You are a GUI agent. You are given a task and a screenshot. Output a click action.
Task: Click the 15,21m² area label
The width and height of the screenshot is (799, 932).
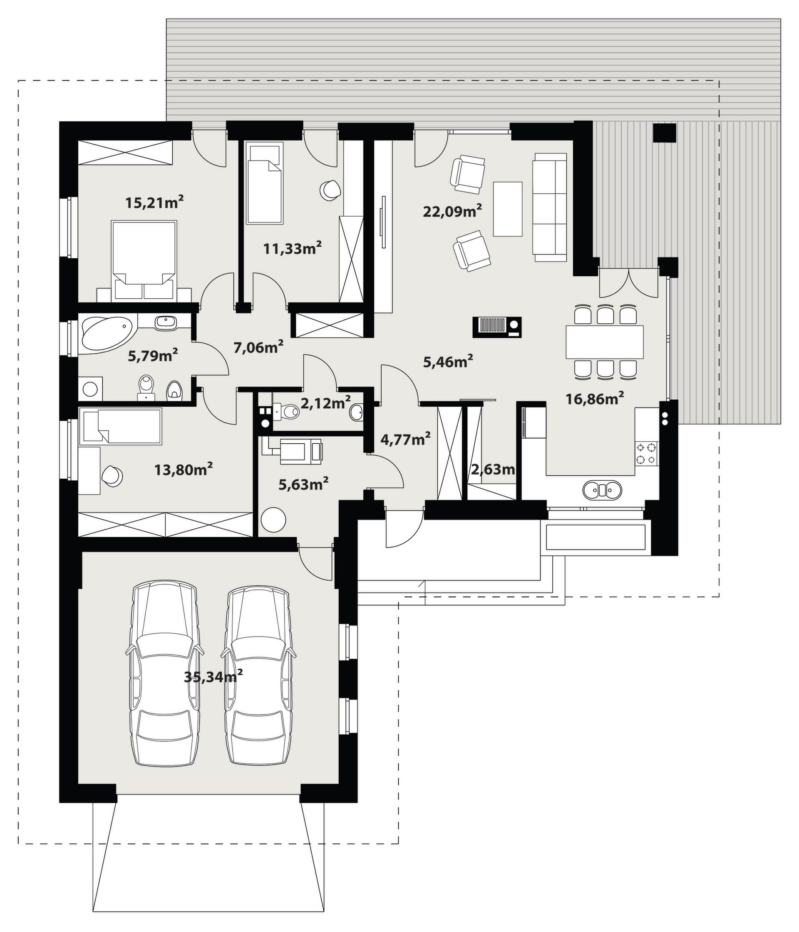click(x=154, y=202)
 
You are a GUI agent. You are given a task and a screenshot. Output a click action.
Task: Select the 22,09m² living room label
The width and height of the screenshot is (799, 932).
click(x=452, y=211)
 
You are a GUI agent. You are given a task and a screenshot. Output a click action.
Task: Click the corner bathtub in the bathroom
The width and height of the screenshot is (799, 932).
click(x=107, y=334)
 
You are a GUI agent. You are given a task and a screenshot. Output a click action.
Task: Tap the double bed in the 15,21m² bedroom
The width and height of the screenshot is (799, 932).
click(x=144, y=260)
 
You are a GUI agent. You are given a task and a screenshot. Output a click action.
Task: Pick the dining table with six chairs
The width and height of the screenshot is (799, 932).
click(x=605, y=341)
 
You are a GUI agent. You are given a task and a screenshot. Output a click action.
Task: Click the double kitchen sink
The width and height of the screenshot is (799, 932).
click(x=602, y=490)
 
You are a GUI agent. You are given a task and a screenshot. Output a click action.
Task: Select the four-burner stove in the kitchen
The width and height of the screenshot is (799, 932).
click(x=646, y=453)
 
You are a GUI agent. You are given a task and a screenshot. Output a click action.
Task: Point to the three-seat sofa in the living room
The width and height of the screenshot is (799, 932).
click(x=550, y=207)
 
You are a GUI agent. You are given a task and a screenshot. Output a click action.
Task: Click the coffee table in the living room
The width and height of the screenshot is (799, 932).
click(x=508, y=209)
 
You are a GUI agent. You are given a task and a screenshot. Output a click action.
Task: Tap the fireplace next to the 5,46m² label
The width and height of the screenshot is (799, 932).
click(x=497, y=327)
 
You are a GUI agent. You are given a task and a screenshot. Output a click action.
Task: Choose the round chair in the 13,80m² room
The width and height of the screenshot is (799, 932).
click(x=112, y=476)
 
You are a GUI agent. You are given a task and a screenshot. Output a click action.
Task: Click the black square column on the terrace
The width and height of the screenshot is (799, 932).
click(x=665, y=133)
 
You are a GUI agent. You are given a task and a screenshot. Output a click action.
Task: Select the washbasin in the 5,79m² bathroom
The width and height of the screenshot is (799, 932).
click(x=166, y=322)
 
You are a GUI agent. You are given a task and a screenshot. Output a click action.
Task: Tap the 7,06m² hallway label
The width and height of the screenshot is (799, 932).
click(x=258, y=347)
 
